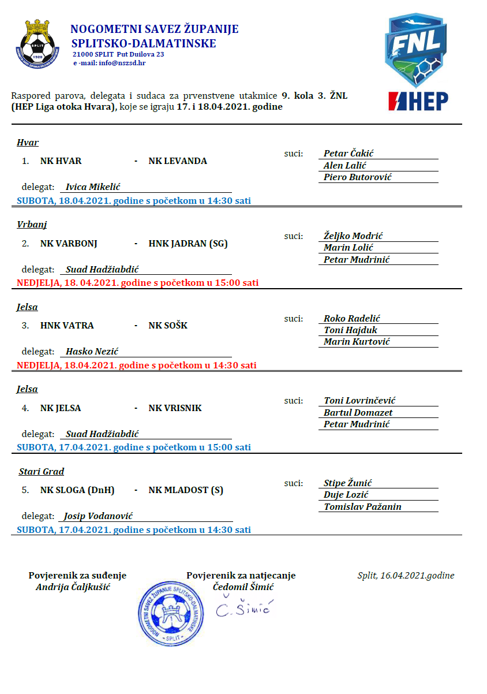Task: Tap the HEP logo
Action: [418, 101]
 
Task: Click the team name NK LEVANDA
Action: [178, 161]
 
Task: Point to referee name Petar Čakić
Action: [349, 154]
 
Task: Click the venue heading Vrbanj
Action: [32, 225]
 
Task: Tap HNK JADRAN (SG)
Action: [188, 244]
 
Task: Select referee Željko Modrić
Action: [353, 236]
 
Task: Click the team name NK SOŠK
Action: [168, 326]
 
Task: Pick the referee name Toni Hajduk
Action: [350, 330]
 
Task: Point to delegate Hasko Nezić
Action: [92, 352]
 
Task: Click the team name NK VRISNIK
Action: [175, 408]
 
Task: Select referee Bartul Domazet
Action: [358, 413]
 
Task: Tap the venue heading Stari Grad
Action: [41, 472]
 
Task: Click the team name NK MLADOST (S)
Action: [186, 490]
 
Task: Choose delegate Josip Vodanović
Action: [98, 516]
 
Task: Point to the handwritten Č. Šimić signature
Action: [244, 607]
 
